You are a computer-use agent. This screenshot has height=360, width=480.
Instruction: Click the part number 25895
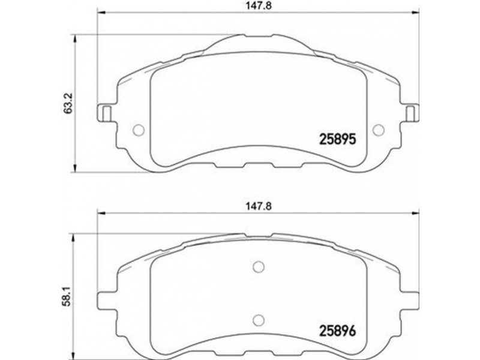click(338, 139)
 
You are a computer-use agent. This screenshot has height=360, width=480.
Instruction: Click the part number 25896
click(338, 331)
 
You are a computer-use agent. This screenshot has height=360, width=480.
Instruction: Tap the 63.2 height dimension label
click(68, 103)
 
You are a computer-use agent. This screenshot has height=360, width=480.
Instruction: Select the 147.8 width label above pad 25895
click(259, 6)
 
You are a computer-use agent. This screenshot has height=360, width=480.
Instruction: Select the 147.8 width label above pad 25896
click(259, 206)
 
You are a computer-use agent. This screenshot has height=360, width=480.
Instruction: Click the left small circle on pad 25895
click(139, 130)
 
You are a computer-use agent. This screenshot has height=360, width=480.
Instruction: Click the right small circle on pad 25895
click(379, 130)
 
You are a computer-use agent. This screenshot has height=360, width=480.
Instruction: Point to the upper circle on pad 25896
click(259, 266)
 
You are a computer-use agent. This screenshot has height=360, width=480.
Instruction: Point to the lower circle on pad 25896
click(259, 320)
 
